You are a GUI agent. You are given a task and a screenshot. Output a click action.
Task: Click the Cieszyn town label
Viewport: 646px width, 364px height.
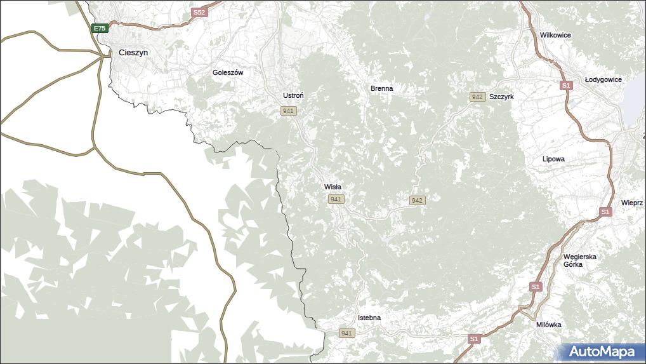[133, 53]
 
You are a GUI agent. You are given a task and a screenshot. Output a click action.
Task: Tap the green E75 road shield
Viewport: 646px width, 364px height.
[100, 28]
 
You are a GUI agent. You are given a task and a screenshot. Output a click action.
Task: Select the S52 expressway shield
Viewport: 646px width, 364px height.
[199, 13]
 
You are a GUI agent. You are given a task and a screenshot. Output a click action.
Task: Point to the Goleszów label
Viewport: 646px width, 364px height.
[228, 72]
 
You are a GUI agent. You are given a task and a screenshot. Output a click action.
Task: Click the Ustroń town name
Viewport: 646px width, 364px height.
[293, 95]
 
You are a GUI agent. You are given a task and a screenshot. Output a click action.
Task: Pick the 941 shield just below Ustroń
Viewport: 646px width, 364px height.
[289, 111]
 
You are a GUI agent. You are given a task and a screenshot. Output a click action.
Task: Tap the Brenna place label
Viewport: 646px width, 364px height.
[382, 88]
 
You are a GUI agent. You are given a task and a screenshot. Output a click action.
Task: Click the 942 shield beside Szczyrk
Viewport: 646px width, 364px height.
[477, 97]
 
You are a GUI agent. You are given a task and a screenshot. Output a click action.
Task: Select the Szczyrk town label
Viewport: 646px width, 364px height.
[501, 97]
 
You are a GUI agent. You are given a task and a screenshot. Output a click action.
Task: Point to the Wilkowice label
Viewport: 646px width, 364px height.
[555, 36]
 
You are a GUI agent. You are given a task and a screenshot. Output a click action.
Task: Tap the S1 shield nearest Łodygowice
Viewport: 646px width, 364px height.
[566, 85]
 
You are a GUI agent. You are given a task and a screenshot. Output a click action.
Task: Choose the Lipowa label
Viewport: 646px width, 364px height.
[553, 159]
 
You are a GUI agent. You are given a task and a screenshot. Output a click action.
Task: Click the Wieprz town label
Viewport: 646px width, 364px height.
[632, 203]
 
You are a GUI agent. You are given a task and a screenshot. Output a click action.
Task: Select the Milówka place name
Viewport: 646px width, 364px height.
[548, 325]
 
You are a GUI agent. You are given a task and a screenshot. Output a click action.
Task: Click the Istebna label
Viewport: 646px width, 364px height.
[369, 317]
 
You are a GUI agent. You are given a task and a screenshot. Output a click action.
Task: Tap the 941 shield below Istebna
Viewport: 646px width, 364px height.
[346, 333]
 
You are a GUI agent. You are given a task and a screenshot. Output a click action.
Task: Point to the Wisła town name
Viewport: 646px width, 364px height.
[333, 187]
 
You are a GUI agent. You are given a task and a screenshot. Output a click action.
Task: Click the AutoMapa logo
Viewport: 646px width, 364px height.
[602, 351]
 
